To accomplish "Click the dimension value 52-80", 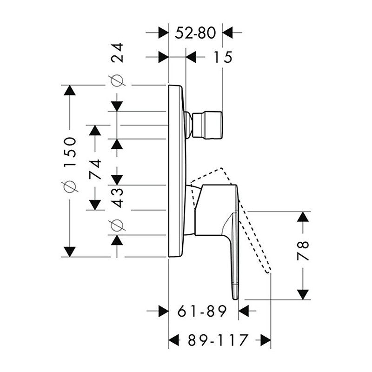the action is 195,33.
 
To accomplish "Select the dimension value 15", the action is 223,57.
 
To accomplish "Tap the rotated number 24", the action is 118,53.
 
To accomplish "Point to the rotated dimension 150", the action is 70,152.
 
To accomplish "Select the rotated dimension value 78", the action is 303,251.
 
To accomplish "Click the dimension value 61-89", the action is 202,311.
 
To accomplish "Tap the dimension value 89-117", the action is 218,340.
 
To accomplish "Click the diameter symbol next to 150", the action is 70,186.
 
